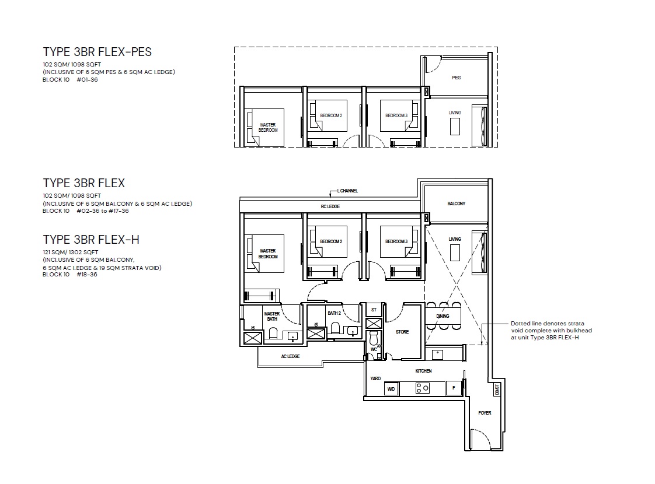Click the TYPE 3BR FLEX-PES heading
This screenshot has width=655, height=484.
(x=97, y=52)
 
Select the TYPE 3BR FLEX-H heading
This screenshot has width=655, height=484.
(x=91, y=240)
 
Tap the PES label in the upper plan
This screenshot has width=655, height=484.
(x=456, y=78)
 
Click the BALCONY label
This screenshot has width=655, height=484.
(x=456, y=204)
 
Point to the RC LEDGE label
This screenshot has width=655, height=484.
(x=330, y=206)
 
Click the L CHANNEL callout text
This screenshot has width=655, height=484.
(x=347, y=191)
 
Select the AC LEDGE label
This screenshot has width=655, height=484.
(x=290, y=356)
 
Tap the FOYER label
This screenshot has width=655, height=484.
(x=485, y=413)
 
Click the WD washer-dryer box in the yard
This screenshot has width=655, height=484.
(x=391, y=389)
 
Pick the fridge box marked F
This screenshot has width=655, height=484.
(x=454, y=388)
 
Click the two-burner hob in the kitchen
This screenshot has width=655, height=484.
(x=422, y=388)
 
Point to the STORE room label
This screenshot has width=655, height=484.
(x=402, y=332)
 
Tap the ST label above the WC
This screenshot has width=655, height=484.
(x=374, y=310)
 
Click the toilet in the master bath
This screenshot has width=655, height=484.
(x=273, y=333)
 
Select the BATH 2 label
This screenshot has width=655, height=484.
(x=334, y=313)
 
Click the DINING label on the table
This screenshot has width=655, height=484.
(x=443, y=316)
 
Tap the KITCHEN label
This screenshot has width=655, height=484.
(x=424, y=371)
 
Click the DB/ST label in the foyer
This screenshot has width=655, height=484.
(x=497, y=390)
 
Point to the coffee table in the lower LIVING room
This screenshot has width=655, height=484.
(x=455, y=253)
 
